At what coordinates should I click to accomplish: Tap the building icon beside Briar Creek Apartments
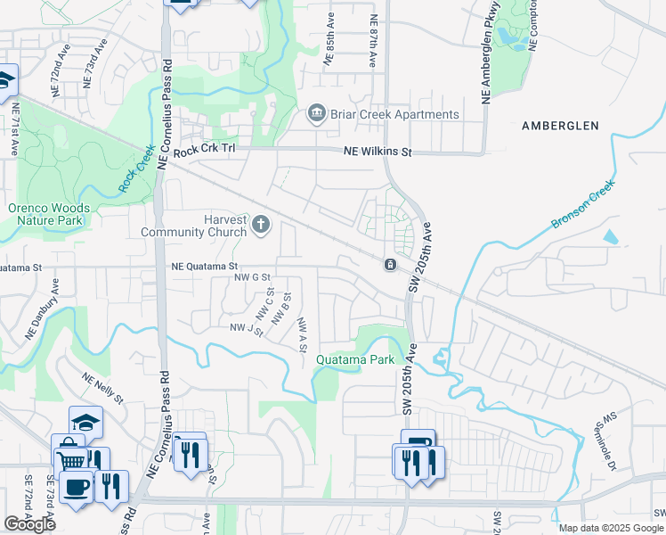pyautogui.click(x=316, y=114)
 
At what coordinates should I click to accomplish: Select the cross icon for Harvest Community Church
pyautogui.click(x=261, y=225)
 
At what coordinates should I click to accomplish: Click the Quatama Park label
pyautogui.click(x=354, y=360)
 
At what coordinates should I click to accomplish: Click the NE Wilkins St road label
pyautogui.click(x=378, y=152)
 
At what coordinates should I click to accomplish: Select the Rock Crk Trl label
pyautogui.click(x=203, y=152)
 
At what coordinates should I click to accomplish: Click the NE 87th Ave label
pyautogui.click(x=373, y=40)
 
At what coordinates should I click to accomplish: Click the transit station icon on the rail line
pyautogui.click(x=389, y=265)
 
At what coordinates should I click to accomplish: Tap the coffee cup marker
pyautogui.click(x=77, y=487)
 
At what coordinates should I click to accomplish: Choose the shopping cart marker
pyautogui.click(x=71, y=461)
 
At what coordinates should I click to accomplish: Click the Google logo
pyautogui.click(x=29, y=523)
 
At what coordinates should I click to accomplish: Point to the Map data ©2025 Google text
pyautogui.click(x=611, y=528)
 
